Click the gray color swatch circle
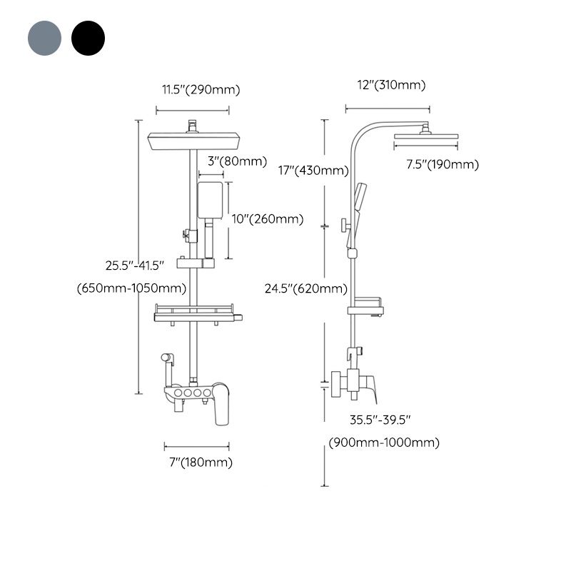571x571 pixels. click(45, 38)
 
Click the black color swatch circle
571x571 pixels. click(88, 38)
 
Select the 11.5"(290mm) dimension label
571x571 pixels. click(200, 89)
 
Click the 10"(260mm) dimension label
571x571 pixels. click(268, 219)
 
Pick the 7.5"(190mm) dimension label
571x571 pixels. click(443, 165)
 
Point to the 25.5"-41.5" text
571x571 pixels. click(135, 265)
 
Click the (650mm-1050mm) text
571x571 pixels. click(131, 288)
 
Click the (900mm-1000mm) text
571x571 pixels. click(384, 443)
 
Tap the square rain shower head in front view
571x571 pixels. click(191, 142)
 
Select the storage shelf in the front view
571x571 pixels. click(196, 315)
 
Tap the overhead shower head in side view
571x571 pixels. click(425, 138)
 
